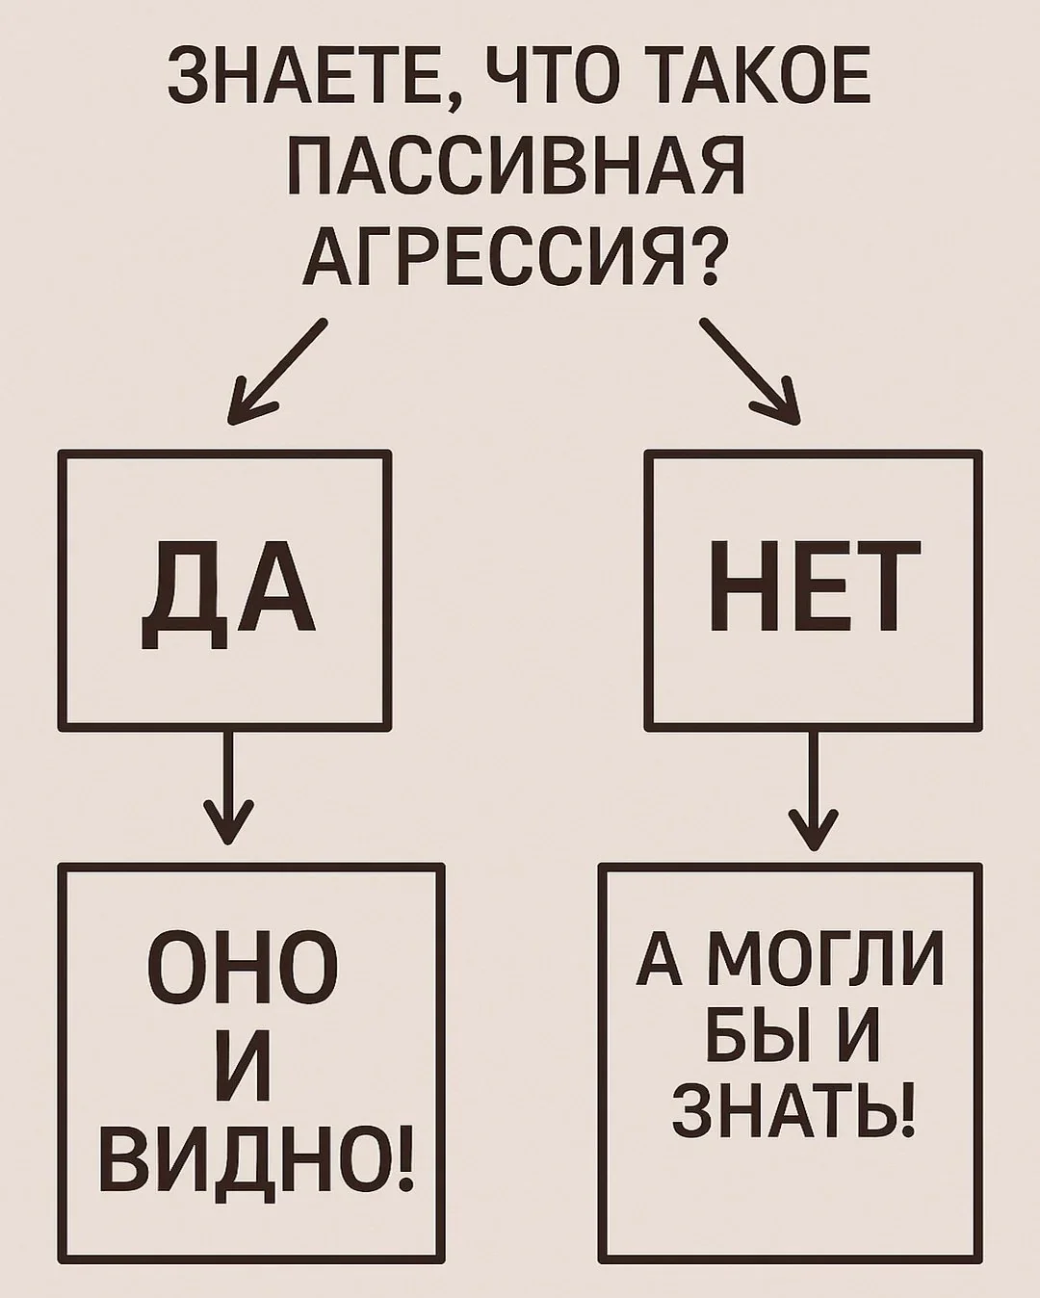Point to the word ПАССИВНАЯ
[x=517, y=165]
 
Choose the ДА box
[x=225, y=589]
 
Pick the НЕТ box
[x=814, y=589]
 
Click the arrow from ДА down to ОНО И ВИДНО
[x=227, y=785]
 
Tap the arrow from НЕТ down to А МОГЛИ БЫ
[x=815, y=785]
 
